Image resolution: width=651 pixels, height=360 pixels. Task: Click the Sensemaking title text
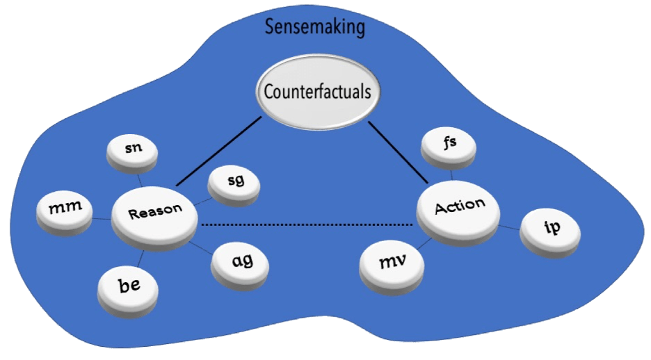click(315, 27)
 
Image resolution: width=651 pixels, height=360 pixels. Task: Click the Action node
click(458, 207)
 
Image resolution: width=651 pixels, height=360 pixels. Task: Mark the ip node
click(549, 230)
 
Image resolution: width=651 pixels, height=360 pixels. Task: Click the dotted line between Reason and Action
click(306, 224)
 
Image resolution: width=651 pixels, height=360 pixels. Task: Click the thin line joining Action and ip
click(511, 225)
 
